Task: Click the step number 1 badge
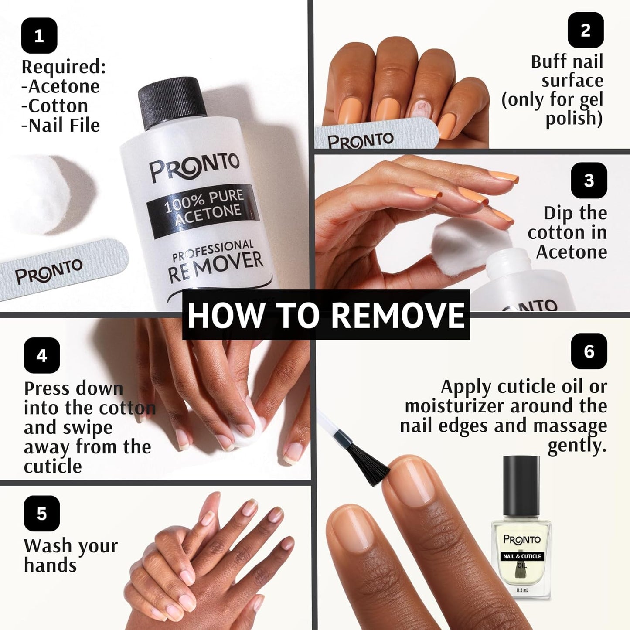coord(39,36)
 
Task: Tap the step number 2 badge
coord(586,30)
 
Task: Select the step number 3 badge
coord(589,180)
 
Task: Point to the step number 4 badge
coord(42,355)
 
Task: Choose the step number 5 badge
coord(42,513)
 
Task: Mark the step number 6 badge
coord(589,351)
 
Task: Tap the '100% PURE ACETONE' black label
coord(203,208)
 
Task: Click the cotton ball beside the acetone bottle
coord(41,192)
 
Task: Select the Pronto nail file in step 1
coord(61,270)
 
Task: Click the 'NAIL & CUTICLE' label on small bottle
coord(522,556)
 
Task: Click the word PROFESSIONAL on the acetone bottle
coord(213,252)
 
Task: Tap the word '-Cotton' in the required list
coord(55,106)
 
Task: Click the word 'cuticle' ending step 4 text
coord(53,467)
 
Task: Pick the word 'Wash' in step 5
coord(48,546)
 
